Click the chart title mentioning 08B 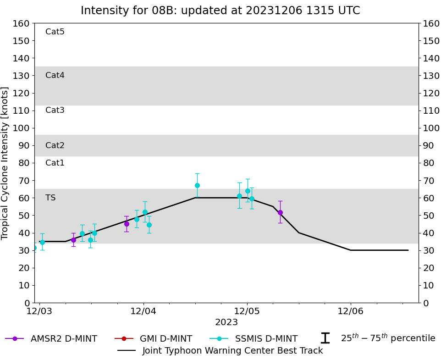tap(220, 11)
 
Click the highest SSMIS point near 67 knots tap(197, 185)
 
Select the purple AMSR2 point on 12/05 tap(280, 212)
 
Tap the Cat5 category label tap(55, 32)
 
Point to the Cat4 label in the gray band tap(55, 75)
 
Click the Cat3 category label tap(55, 110)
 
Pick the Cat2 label tap(55, 145)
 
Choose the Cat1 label tap(55, 163)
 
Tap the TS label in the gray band tap(50, 198)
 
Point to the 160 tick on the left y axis tap(22, 23)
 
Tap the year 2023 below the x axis tap(226, 322)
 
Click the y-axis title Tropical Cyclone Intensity tap(6, 163)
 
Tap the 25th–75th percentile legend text tap(388, 338)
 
